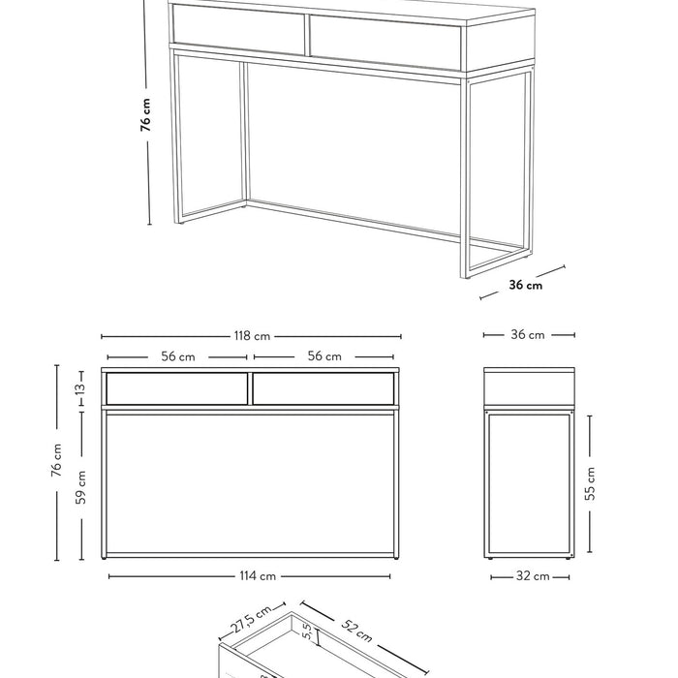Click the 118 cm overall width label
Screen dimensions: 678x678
[x=251, y=336]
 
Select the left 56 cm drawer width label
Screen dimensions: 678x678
[x=177, y=356]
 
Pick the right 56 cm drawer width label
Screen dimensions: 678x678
[x=324, y=356]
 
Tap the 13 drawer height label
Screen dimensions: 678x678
[x=81, y=388]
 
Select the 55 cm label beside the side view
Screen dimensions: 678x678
[x=591, y=483]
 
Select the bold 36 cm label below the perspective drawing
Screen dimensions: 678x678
[x=526, y=285]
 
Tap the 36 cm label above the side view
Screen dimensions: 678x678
[x=528, y=335]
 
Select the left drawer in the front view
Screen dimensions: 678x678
[x=176, y=389]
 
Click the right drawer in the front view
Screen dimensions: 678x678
[x=324, y=389]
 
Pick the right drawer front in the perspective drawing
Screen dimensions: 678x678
[x=385, y=43]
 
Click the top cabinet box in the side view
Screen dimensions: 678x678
[x=528, y=387]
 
